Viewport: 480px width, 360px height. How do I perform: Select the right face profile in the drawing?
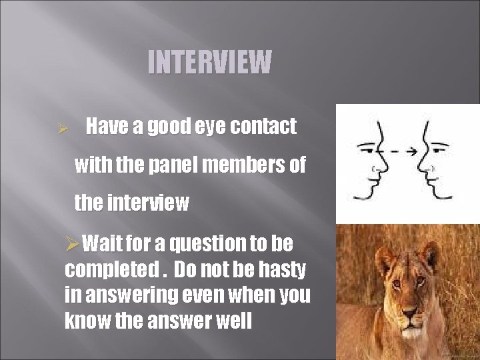pyautogui.click(x=433, y=160)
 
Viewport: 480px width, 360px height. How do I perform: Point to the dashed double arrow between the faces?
pyautogui.click(x=403, y=151)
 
